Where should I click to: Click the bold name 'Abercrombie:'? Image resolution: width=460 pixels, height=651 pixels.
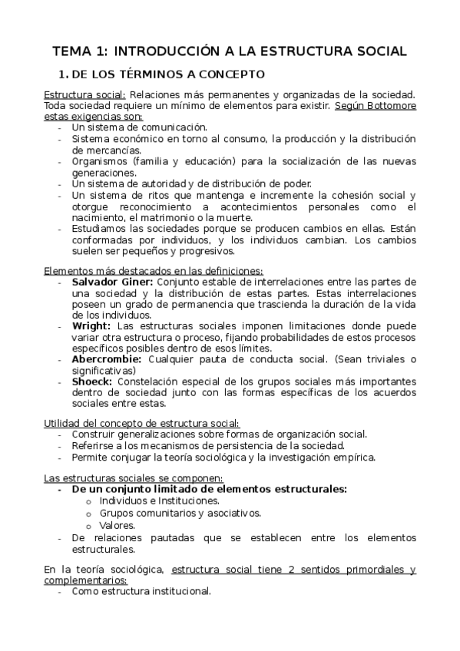[106, 359]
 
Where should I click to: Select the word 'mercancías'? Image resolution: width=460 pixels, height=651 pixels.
[101, 150]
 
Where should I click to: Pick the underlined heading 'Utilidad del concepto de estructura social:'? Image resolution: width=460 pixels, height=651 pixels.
[141, 423]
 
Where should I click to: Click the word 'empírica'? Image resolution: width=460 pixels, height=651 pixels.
[352, 458]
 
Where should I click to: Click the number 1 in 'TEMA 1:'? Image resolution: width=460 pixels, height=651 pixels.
[102, 51]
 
